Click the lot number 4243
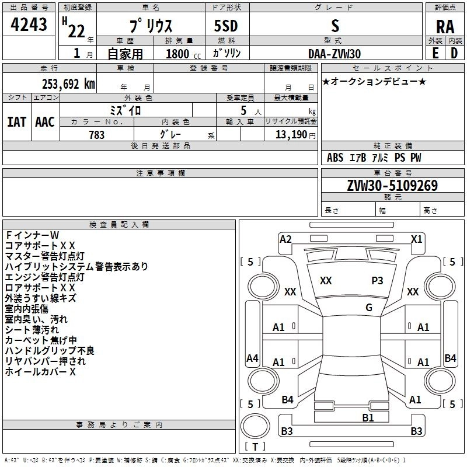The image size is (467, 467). coord(29,24)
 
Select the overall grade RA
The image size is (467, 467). coord(445,27)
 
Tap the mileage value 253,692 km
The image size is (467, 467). coord(68,84)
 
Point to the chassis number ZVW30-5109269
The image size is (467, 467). coord(392,186)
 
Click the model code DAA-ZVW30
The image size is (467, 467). coord(334,54)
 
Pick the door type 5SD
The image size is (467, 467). coord(226,26)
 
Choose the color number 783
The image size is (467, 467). coord(97,135)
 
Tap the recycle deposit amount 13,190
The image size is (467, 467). coord(291,135)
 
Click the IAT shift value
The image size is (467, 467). coord(16,122)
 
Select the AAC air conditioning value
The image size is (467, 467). coord(45,122)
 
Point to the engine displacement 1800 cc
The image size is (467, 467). coord(183,54)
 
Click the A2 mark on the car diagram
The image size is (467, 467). coord(285,239)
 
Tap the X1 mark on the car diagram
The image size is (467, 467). coord(416,239)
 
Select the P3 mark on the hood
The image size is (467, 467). coord(377,281)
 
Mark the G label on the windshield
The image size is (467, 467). coord(369,308)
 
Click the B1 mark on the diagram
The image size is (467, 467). coord(368,418)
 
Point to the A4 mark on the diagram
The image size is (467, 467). coord(252,358)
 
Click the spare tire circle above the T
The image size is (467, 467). coord(255,426)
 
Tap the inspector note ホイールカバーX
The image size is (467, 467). coord(40,372)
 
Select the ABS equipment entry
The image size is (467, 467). coord(335,158)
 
